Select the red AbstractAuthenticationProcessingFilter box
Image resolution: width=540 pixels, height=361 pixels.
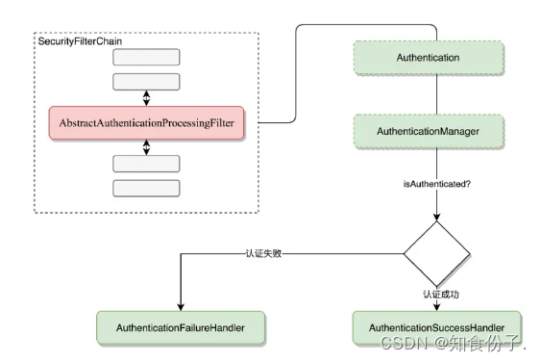(146, 122)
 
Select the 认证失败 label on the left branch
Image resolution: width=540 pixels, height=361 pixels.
(259, 254)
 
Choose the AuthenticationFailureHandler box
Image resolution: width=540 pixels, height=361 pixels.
(181, 328)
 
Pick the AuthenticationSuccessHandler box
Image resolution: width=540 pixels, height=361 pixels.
(438, 328)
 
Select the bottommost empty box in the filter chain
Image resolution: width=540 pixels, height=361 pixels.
(146, 188)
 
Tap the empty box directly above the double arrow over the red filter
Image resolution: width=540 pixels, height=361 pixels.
(146, 81)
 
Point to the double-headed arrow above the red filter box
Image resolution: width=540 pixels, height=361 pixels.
(146, 99)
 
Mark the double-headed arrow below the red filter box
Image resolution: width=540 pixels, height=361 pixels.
(146, 145)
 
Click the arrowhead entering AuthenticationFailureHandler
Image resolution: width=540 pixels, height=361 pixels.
(181, 306)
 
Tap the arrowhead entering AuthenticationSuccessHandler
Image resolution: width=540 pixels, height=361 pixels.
(438, 306)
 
